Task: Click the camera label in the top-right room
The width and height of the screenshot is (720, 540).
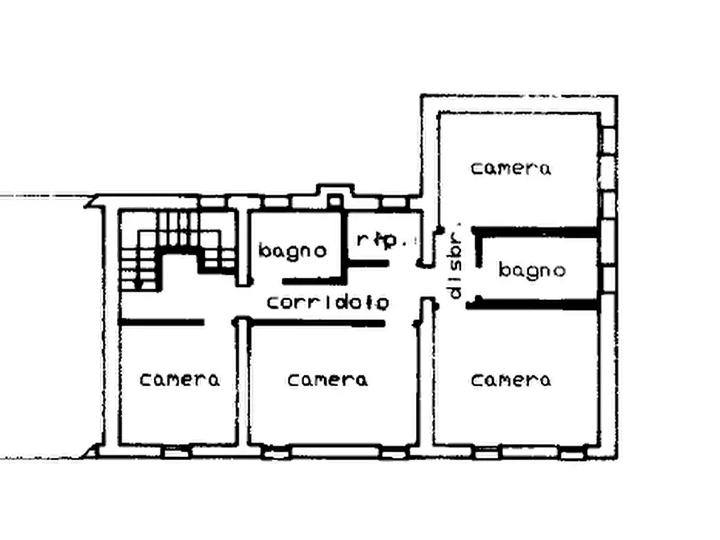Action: (x=510, y=168)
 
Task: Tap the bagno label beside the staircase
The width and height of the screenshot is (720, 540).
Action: (x=293, y=251)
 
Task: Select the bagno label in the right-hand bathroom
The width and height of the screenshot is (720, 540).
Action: (x=531, y=270)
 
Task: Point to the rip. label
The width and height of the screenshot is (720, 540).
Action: (x=382, y=239)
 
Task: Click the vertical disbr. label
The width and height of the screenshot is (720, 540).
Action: (x=455, y=265)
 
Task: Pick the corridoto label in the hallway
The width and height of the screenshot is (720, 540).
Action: (x=328, y=302)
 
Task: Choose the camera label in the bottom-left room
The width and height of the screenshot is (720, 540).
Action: (x=180, y=380)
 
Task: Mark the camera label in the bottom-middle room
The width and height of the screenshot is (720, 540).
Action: (x=327, y=380)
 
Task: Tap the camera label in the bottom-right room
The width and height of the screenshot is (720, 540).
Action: (x=510, y=380)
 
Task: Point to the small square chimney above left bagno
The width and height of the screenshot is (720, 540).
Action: (x=335, y=201)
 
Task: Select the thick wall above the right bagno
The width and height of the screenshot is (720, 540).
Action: (x=535, y=232)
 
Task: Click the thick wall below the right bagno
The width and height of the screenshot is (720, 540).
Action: (x=533, y=304)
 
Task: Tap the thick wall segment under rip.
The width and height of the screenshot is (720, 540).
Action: (x=368, y=263)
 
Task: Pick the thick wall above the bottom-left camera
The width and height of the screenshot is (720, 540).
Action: (x=161, y=322)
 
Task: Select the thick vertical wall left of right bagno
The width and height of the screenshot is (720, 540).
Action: (x=478, y=248)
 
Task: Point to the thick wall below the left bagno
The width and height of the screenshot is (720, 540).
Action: (x=311, y=281)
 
